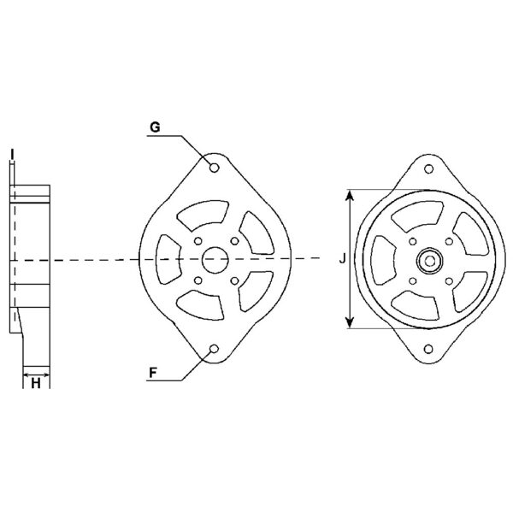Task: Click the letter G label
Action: pyautogui.click(x=155, y=127)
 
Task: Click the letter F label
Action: pyautogui.click(x=153, y=373)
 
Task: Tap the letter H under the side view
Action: pyautogui.click(x=35, y=386)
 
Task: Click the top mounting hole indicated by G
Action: pyautogui.click(x=214, y=167)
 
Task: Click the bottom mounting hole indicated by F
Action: pyautogui.click(x=214, y=349)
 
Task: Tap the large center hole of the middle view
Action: pyautogui.click(x=214, y=258)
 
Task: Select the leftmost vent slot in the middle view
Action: pyautogui.click(x=169, y=257)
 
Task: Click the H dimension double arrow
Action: pyautogui.click(x=35, y=374)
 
